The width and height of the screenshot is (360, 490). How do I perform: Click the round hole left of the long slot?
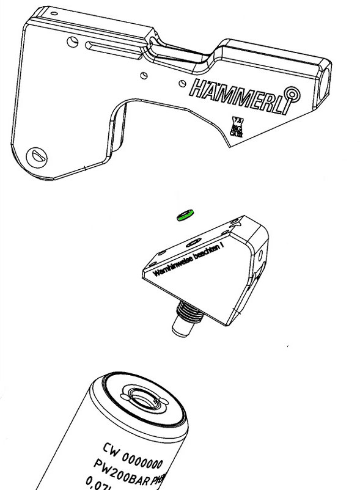[x=74, y=42]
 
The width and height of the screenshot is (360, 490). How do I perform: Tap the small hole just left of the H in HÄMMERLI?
[x=180, y=82]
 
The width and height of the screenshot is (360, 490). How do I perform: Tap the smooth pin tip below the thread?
[x=182, y=330]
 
